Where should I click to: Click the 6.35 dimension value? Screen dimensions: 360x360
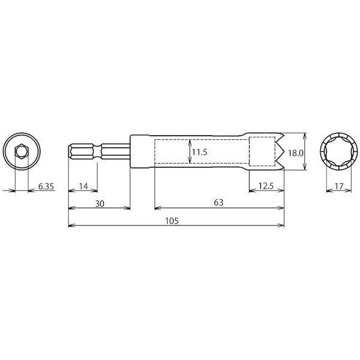pyautogui.click(x=46, y=186)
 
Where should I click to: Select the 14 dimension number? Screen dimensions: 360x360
pyautogui.click(x=83, y=186)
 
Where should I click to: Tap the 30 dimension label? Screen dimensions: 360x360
pyautogui.click(x=100, y=203)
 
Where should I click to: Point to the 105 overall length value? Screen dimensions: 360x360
pyautogui.click(x=172, y=221)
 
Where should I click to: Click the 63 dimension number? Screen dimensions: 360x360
pyautogui.click(x=218, y=203)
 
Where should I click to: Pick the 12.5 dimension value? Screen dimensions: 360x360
pyautogui.click(x=266, y=186)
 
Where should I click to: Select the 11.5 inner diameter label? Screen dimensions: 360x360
pyautogui.click(x=200, y=152)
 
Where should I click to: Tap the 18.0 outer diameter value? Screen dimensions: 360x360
pyautogui.click(x=296, y=153)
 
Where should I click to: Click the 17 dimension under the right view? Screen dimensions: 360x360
pyautogui.click(x=339, y=186)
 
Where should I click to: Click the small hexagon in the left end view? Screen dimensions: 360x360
pyautogui.click(x=22, y=152)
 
